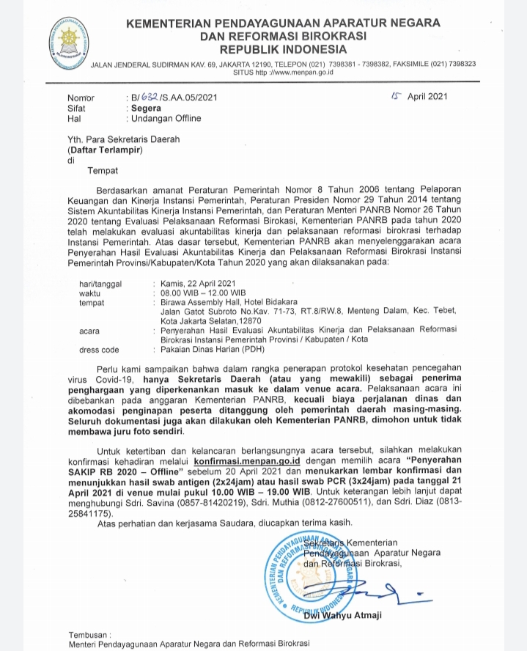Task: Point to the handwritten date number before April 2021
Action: [x=396, y=95]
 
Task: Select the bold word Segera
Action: [x=146, y=107]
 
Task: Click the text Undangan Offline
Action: [x=166, y=118]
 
